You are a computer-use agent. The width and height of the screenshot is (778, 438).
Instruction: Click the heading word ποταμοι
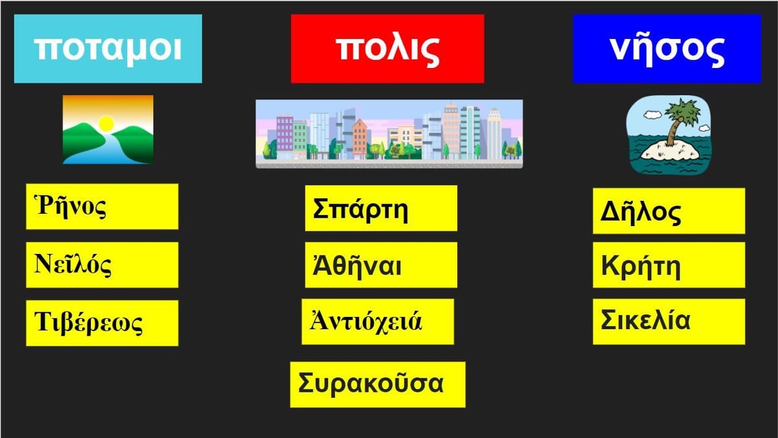[108, 49]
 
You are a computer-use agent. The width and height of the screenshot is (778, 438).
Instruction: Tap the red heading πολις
[388, 49]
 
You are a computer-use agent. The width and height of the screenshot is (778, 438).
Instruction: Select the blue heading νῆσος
[667, 49]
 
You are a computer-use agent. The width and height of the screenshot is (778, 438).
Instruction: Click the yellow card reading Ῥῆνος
[102, 207]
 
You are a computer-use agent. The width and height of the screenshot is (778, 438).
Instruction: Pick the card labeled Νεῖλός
[102, 265]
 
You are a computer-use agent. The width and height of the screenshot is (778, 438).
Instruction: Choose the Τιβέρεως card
[102, 323]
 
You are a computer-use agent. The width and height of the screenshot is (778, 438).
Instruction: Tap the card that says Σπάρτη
[381, 208]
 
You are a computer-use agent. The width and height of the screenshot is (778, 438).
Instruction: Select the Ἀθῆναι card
[381, 265]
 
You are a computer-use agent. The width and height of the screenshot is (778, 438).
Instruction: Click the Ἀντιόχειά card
[377, 322]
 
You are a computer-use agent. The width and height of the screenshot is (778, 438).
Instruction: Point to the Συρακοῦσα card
[378, 385]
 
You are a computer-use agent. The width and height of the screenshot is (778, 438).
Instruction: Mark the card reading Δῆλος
[669, 211]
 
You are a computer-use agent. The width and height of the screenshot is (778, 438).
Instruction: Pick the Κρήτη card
[669, 265]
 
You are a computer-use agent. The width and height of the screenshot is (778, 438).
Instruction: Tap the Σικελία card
[669, 322]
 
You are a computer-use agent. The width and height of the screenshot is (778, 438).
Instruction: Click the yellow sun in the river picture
[106, 124]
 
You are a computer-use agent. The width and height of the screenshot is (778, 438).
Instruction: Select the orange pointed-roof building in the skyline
[360, 137]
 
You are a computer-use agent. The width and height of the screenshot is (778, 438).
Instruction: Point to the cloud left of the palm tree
[652, 115]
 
